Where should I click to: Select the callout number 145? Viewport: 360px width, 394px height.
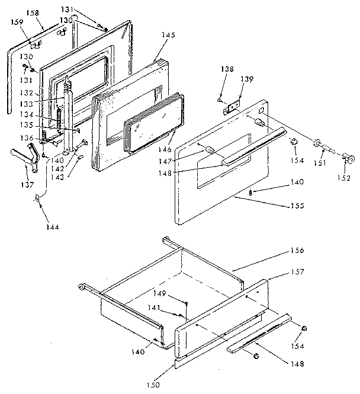[168, 35]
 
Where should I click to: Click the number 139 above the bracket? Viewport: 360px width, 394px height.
[247, 79]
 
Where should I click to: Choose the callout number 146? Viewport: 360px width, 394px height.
[169, 151]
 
